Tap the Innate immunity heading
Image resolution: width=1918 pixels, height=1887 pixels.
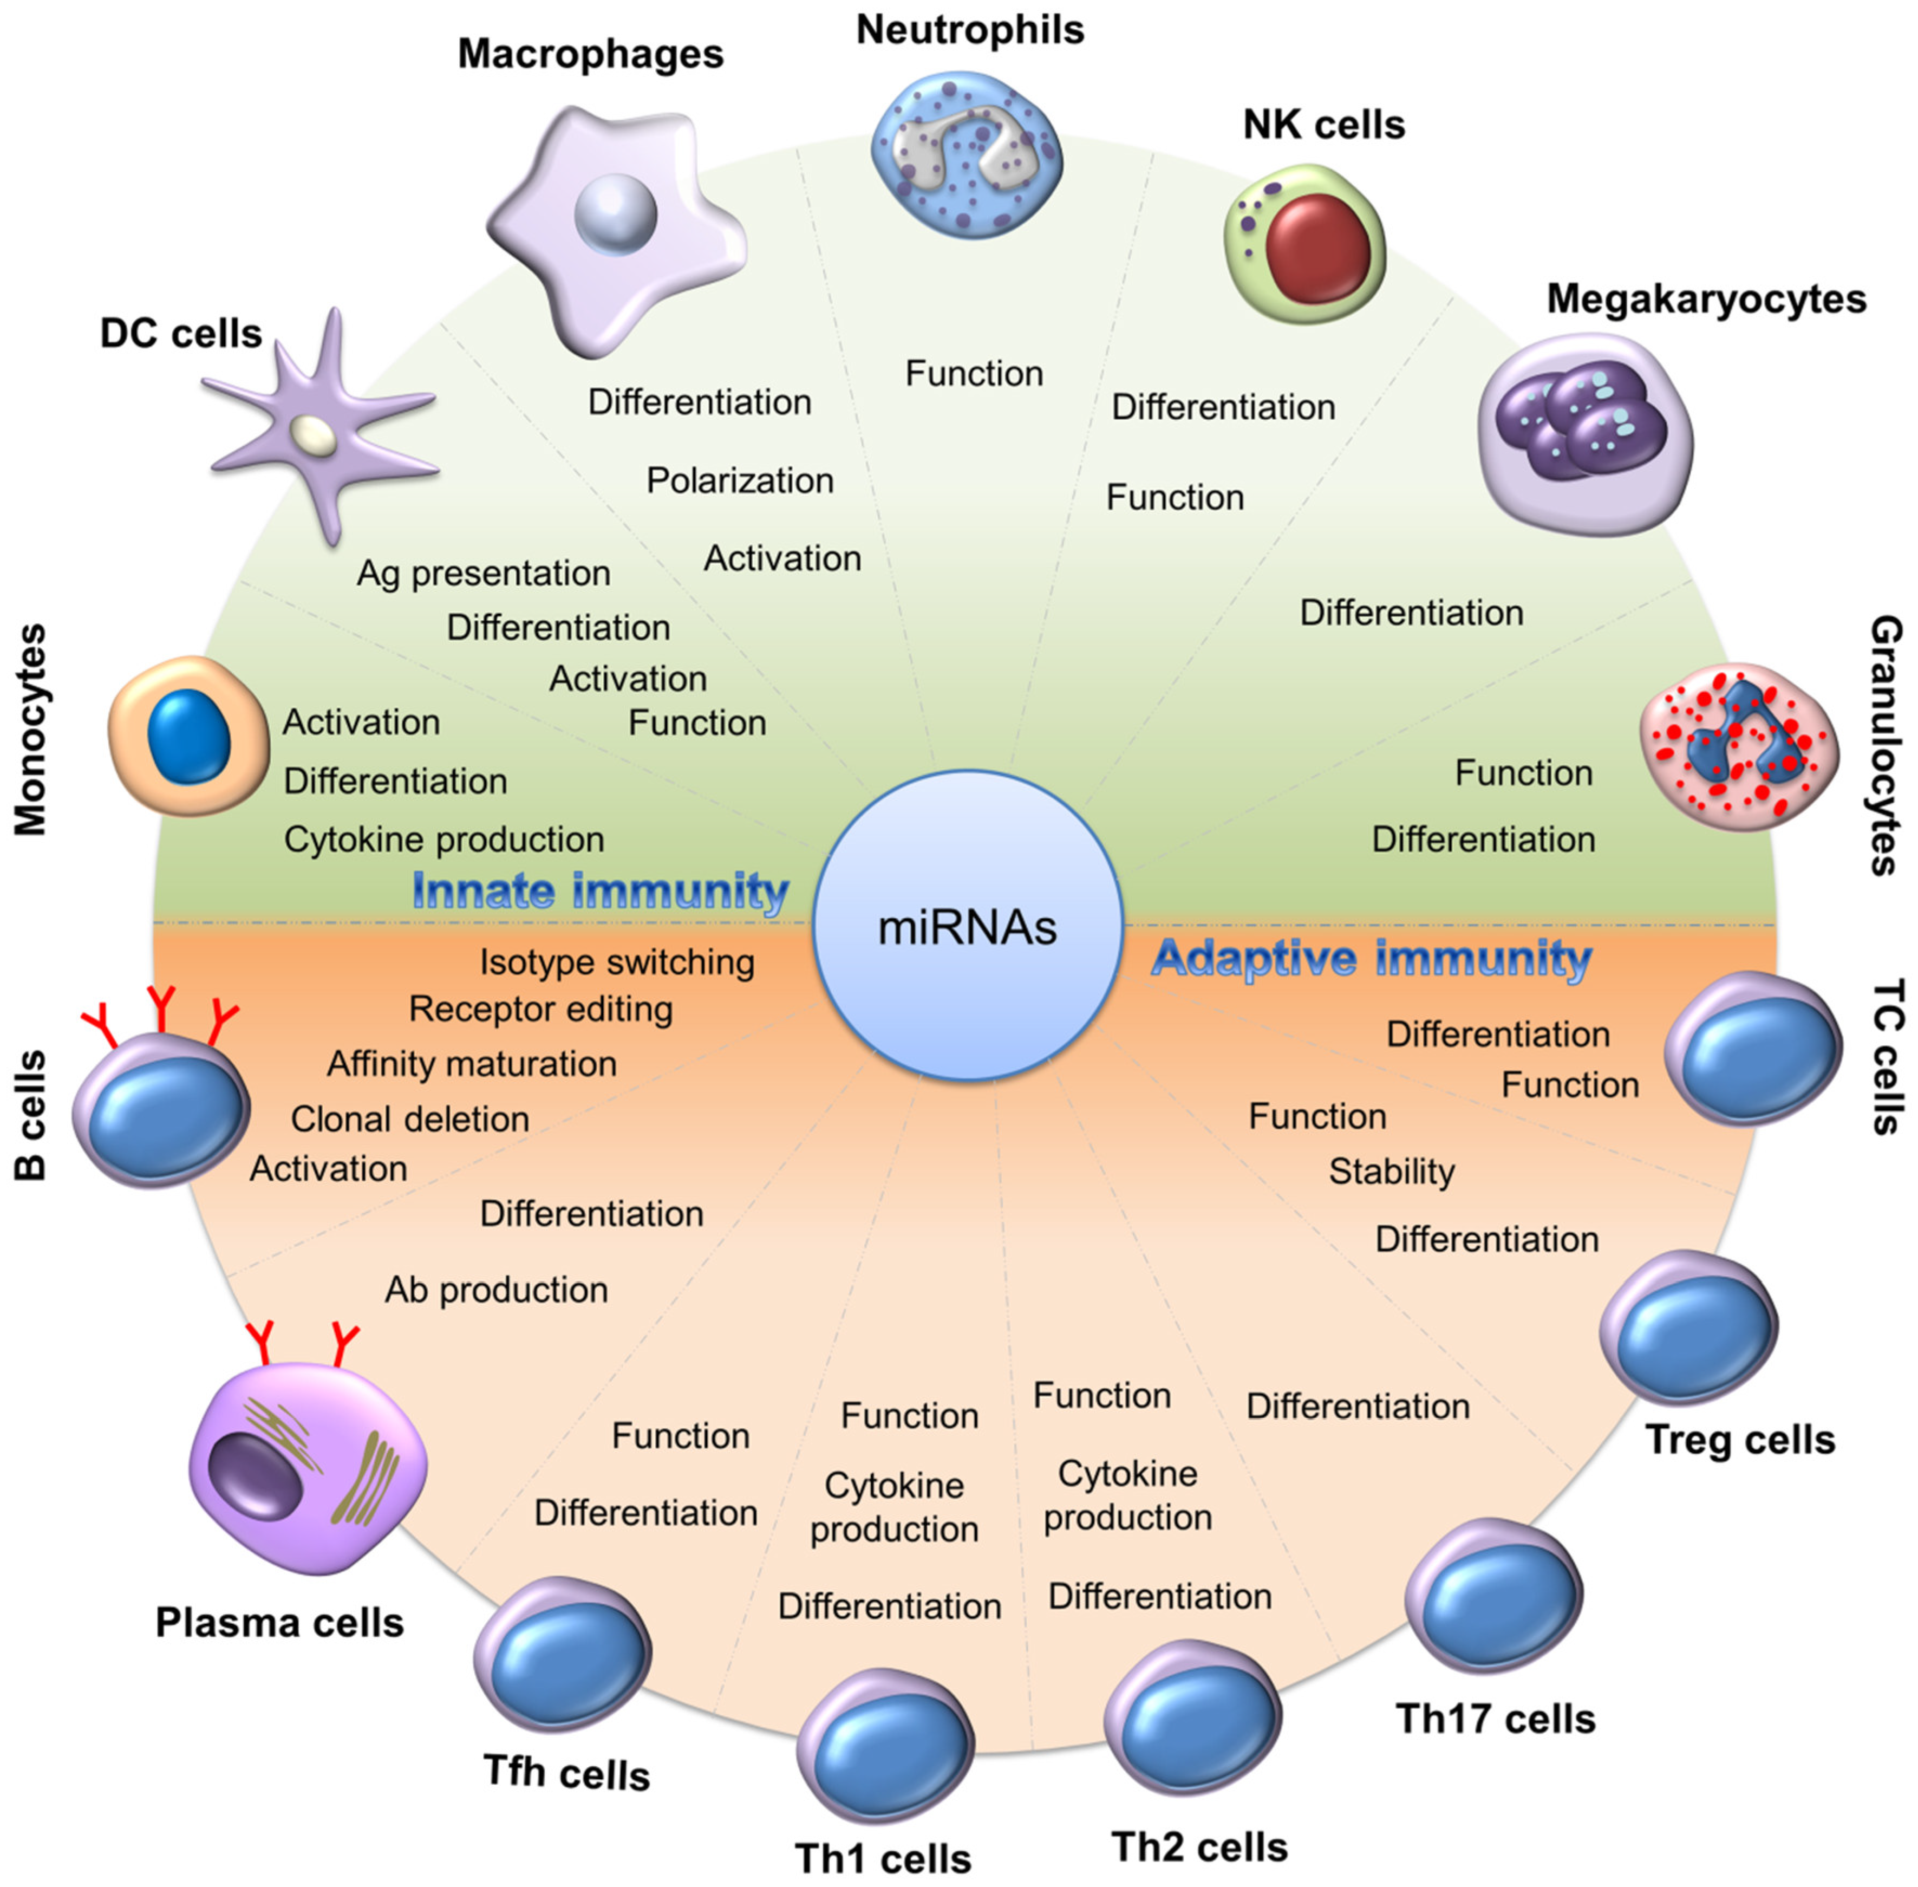coord(599,890)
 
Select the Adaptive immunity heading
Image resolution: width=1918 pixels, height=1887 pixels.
coord(1372,958)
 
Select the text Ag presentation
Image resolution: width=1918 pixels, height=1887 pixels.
coord(484,573)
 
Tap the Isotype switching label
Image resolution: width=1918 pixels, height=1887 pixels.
coord(616,961)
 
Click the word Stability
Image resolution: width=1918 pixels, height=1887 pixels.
coord(1391,1172)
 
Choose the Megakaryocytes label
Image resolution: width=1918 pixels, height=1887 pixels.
coord(1706,298)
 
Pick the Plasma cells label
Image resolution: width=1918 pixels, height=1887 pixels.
coord(279,1622)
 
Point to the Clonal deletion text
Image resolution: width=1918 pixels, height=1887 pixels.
coord(409,1119)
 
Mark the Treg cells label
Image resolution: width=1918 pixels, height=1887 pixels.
coord(1740,1439)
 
